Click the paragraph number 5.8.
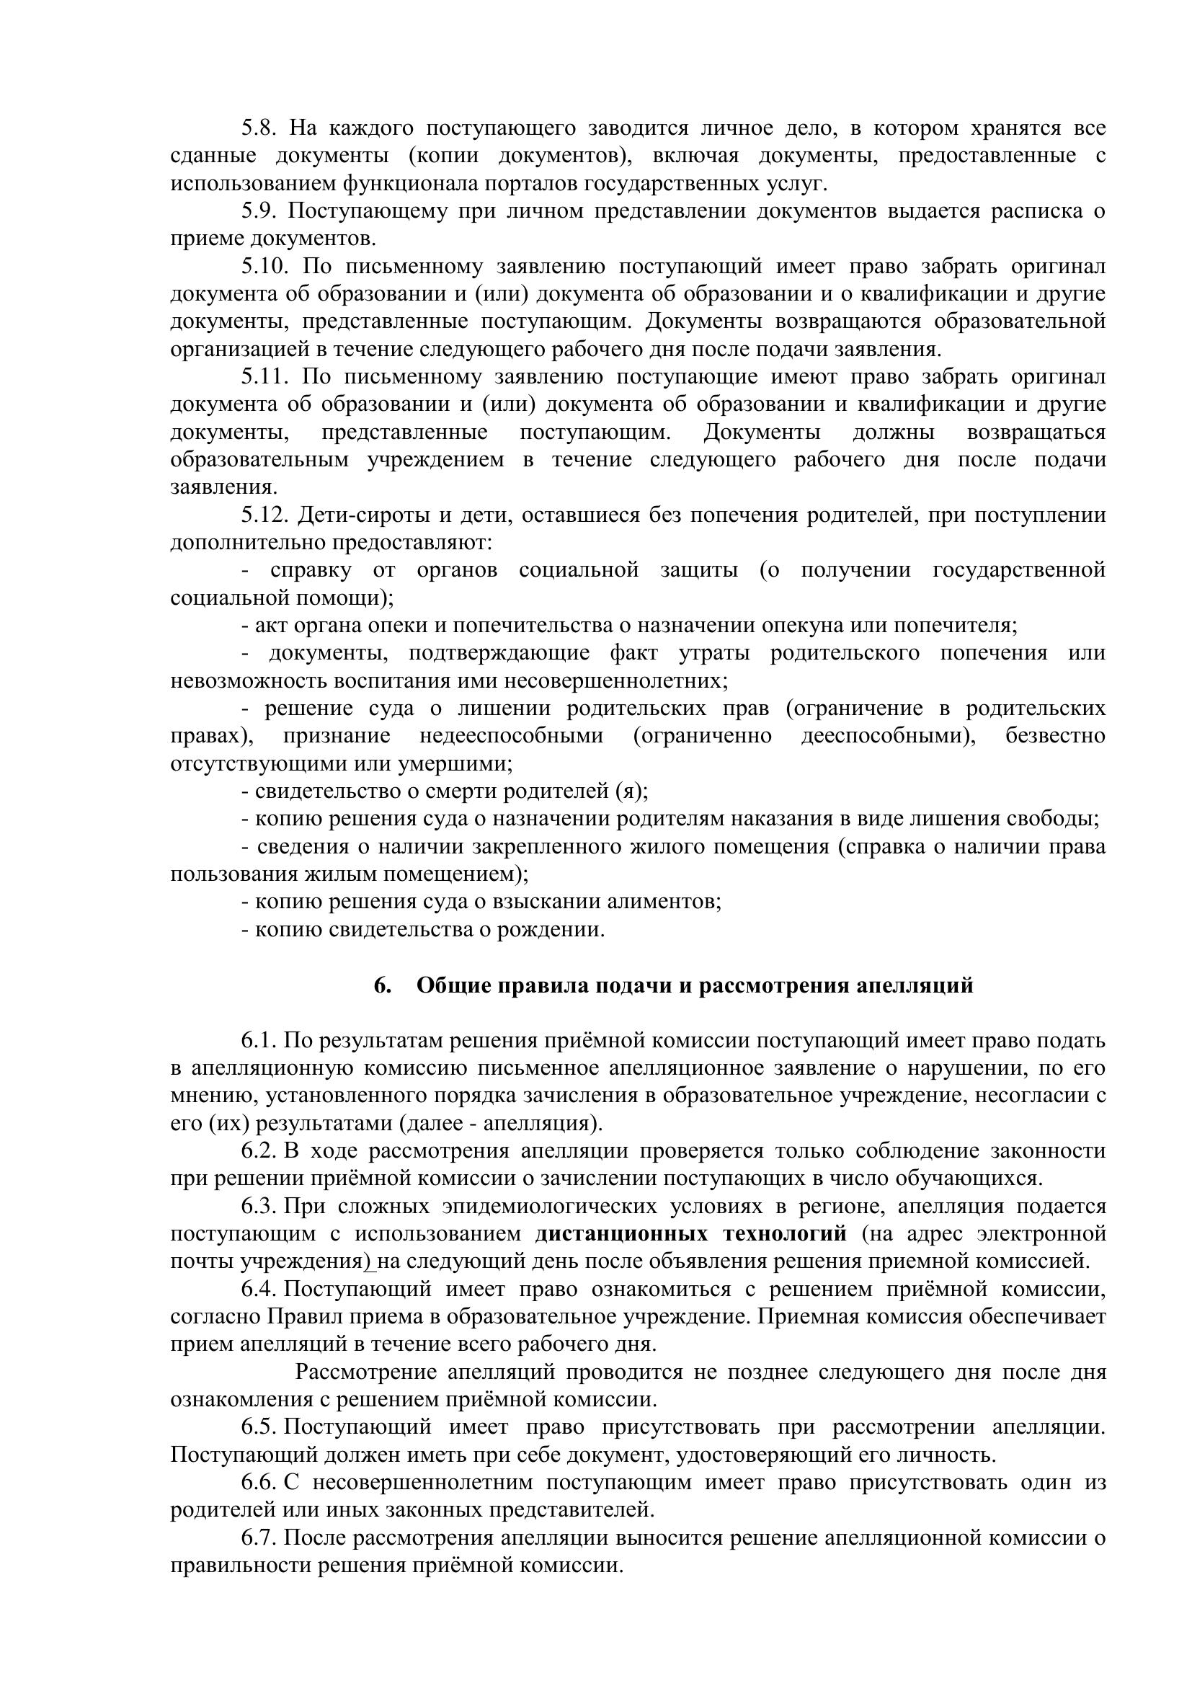pos(257,128)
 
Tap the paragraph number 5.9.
pos(257,211)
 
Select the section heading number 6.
pos(382,985)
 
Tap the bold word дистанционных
pos(622,1233)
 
